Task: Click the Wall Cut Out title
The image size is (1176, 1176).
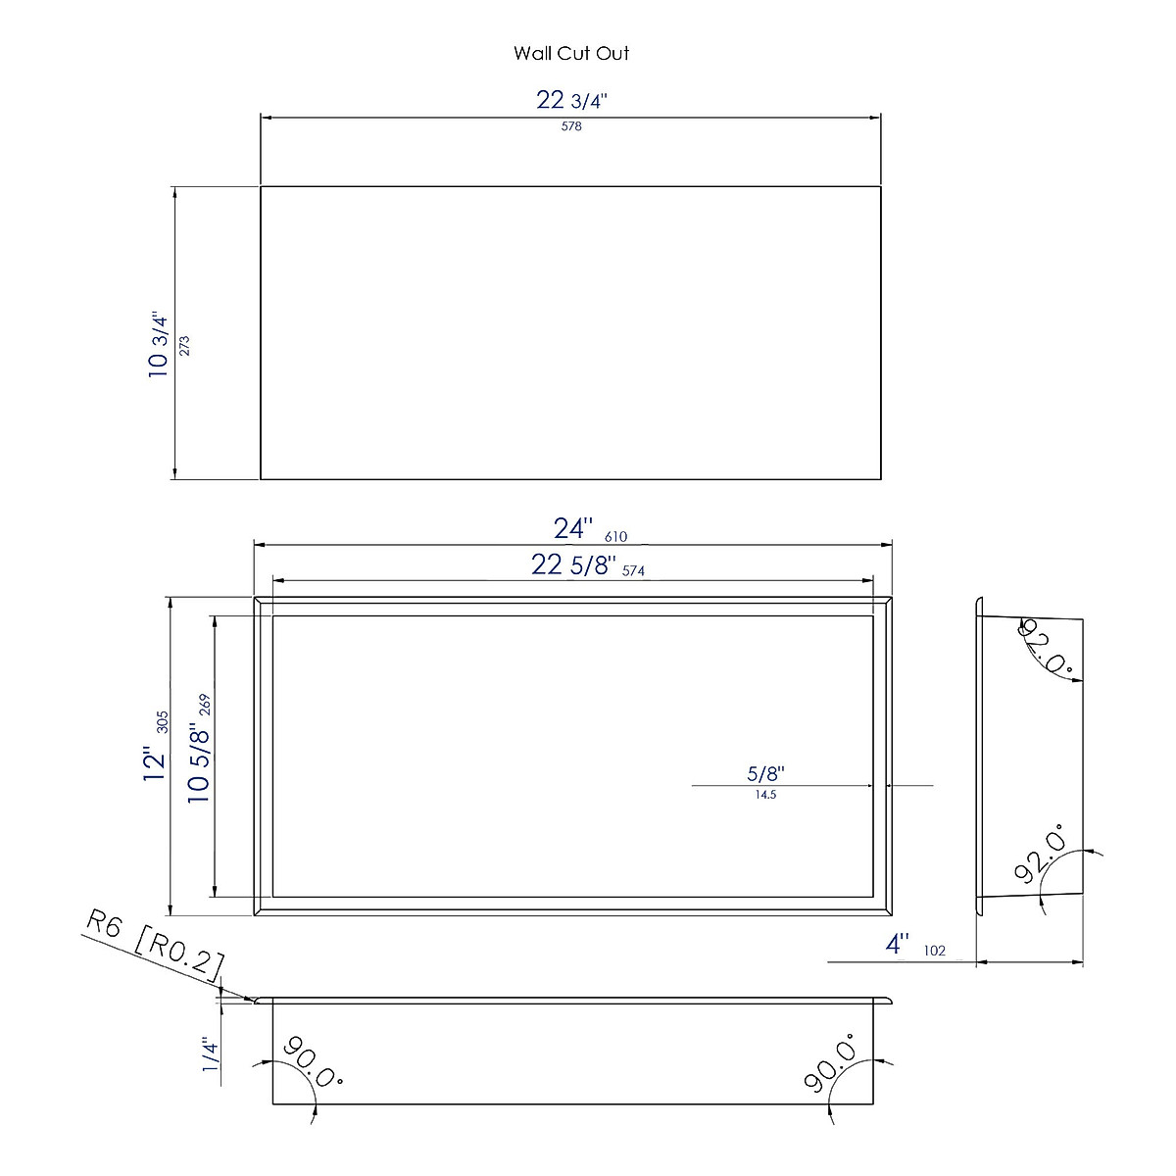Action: pyautogui.click(x=571, y=54)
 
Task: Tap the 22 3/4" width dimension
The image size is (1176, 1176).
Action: pyautogui.click(x=571, y=100)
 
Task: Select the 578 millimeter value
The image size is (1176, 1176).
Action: pyautogui.click(x=571, y=126)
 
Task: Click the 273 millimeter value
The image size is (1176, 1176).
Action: pyautogui.click(x=184, y=345)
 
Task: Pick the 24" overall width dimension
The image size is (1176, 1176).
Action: pyautogui.click(x=573, y=528)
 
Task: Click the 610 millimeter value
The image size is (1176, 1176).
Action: pyautogui.click(x=615, y=536)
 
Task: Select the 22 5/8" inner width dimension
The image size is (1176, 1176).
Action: pyautogui.click(x=573, y=565)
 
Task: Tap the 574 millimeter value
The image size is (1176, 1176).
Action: pyautogui.click(x=633, y=571)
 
